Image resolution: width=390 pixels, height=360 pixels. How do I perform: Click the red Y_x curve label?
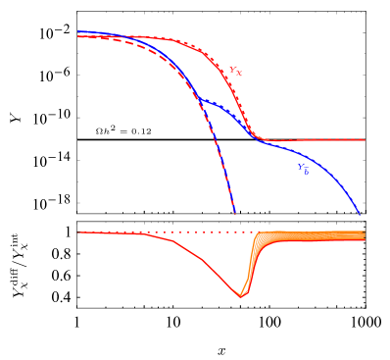(235, 71)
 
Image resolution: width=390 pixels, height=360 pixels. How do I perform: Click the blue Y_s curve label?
(304, 169)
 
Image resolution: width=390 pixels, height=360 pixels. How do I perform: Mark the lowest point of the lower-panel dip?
(241, 295)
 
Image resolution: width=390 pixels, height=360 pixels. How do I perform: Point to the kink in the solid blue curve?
(200, 99)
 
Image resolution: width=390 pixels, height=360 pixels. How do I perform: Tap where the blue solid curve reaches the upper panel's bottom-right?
(361, 212)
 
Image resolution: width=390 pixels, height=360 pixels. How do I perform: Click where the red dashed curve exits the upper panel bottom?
(235, 212)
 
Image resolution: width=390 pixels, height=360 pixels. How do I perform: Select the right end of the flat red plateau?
(365, 140)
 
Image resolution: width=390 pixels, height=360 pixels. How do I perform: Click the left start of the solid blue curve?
(78, 32)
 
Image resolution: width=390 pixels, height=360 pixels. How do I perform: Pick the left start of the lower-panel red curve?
(78, 232)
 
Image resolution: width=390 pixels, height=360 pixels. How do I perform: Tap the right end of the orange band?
(365, 235)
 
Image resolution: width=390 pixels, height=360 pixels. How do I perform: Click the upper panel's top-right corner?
(366, 12)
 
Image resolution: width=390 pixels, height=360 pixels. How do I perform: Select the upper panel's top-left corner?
(77, 12)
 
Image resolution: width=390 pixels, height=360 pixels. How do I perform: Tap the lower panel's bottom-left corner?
(77, 307)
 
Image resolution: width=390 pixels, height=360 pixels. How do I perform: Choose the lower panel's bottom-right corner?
(366, 307)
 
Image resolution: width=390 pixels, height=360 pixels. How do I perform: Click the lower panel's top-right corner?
(366, 222)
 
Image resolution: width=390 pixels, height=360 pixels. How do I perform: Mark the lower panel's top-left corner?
(77, 222)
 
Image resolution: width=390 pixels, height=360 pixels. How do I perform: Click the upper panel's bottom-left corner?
(77, 213)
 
